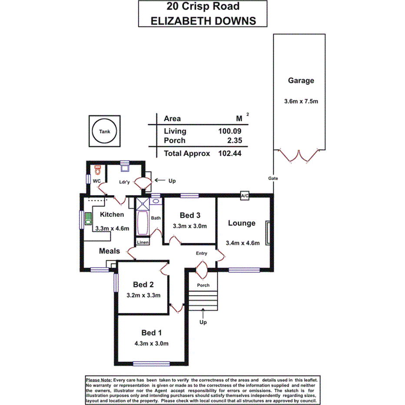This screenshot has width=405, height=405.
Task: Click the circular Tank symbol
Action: point(104,131)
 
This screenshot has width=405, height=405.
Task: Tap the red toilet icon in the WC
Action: point(97,169)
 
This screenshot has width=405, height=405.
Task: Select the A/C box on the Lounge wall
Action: point(245,196)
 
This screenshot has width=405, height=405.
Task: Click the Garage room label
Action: point(301,80)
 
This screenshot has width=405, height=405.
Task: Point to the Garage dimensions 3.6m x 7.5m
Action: point(301,102)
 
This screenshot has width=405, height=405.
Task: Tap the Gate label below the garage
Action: point(273,178)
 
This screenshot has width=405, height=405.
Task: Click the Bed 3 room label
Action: point(190,215)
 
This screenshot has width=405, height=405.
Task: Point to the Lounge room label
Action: point(242,223)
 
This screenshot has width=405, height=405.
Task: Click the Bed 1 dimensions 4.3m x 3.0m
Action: point(152,343)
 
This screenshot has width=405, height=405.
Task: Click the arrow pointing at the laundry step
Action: point(159,180)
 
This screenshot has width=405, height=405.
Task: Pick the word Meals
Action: point(110,251)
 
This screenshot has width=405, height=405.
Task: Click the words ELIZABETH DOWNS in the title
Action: point(202,20)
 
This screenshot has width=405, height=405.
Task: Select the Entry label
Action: point(202,253)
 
